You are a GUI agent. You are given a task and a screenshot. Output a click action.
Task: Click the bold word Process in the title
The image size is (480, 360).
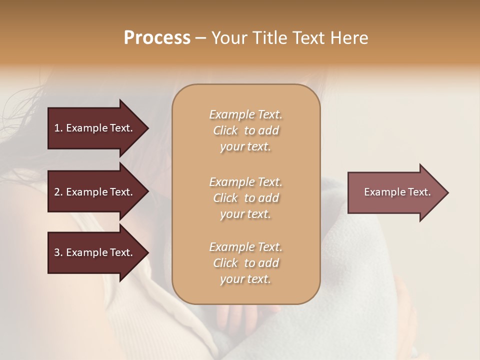pyautogui.click(x=157, y=38)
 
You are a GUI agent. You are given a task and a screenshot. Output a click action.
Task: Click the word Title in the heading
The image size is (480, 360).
pyautogui.click(x=269, y=38)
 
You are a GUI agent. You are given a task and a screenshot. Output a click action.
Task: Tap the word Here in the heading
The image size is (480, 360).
pyautogui.click(x=349, y=38)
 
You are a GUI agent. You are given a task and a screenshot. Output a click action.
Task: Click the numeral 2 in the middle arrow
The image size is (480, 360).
pyautogui.click(x=57, y=192)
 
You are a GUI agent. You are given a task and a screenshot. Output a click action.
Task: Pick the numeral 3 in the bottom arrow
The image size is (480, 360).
pyautogui.click(x=57, y=252)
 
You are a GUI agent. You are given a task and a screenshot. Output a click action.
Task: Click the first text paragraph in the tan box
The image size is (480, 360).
pyautogui.click(x=245, y=130)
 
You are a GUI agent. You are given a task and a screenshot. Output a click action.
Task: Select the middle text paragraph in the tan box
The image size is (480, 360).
pyautogui.click(x=245, y=198)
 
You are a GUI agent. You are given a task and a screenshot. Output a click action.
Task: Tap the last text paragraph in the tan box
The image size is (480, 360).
pyautogui.click(x=245, y=263)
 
